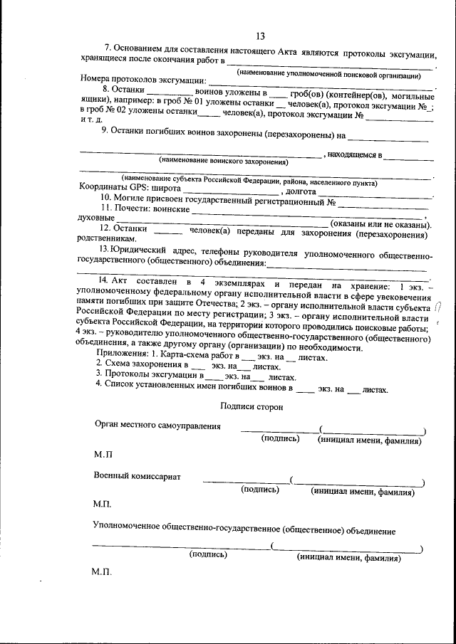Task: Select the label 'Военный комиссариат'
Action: point(137,475)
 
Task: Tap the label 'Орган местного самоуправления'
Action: point(157,426)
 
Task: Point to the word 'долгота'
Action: point(301,191)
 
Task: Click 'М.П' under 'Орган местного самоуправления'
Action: point(103,453)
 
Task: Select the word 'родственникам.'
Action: point(105,239)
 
